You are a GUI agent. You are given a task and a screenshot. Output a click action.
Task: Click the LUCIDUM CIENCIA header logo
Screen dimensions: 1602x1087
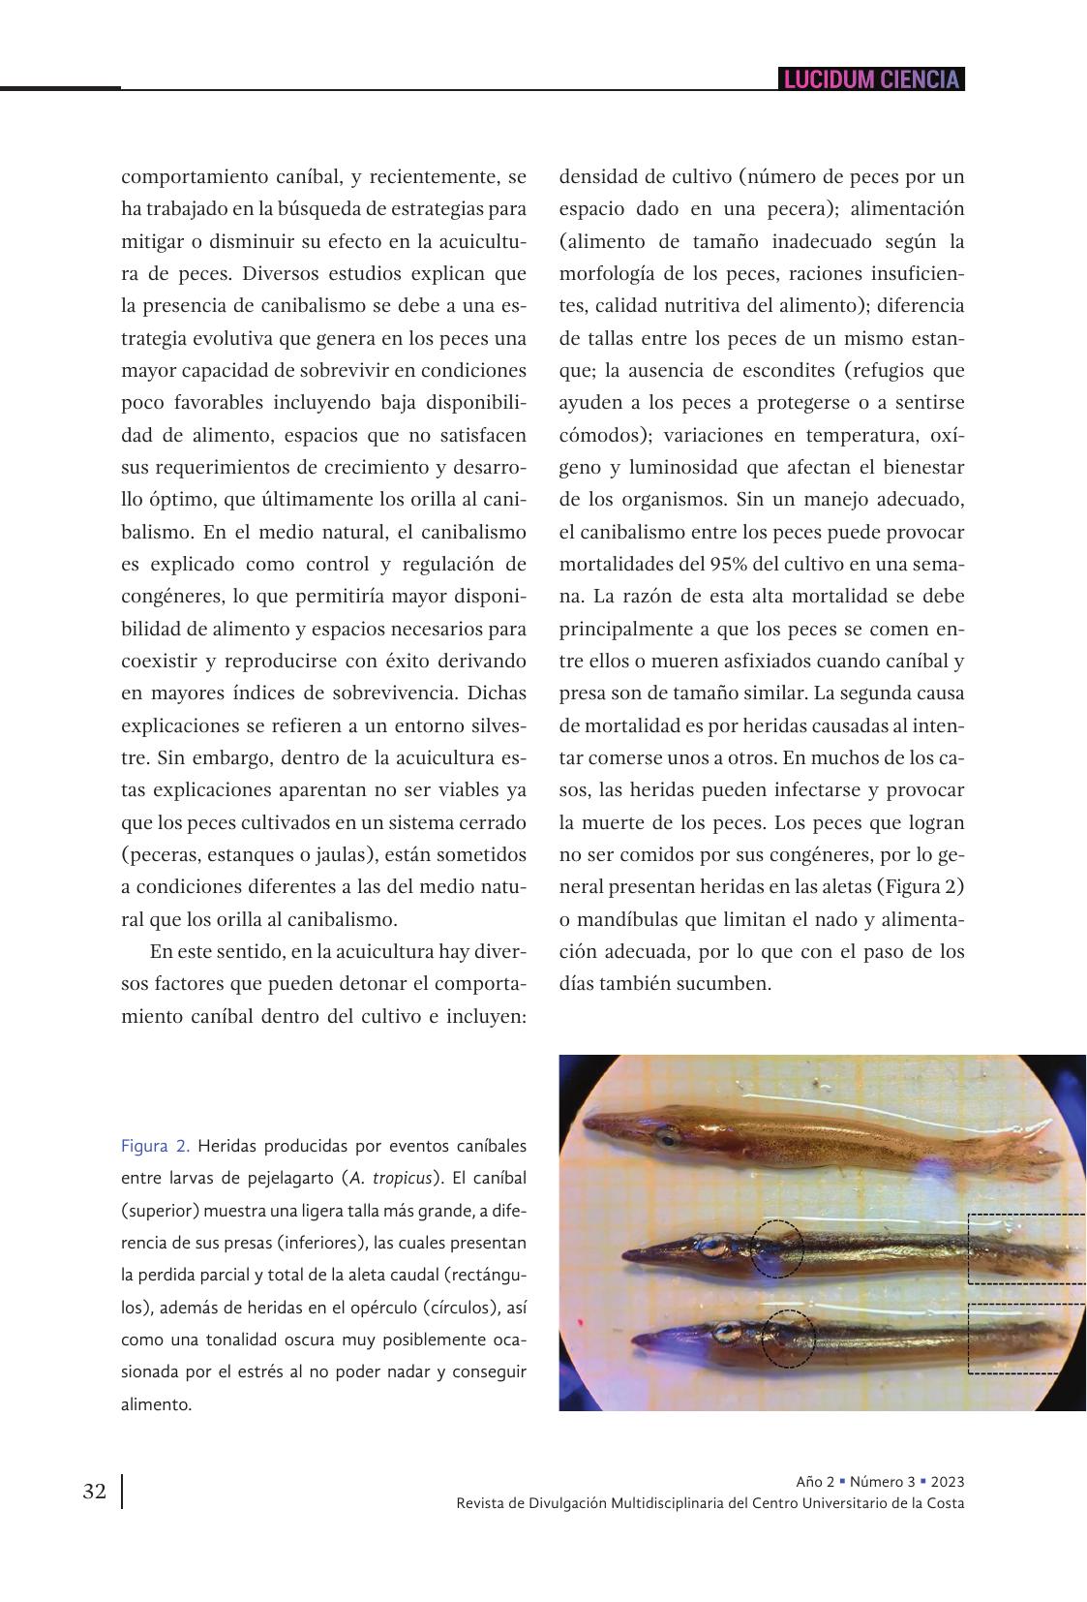click(871, 79)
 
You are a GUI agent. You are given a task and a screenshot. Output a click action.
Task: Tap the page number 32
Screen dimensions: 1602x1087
click(95, 1492)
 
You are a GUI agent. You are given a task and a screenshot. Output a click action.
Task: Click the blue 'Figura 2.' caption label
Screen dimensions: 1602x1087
click(155, 1147)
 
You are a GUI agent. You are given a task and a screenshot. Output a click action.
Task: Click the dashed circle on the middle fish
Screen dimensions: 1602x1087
click(776, 1248)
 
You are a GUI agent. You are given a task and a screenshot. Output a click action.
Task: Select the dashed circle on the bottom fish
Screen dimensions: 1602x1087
click(788, 1339)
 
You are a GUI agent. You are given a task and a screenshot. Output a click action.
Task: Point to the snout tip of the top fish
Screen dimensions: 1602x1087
click(589, 1124)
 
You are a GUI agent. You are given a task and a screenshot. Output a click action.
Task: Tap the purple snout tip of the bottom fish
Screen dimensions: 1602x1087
click(637, 1340)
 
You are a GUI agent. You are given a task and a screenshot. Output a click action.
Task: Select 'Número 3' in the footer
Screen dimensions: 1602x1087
click(883, 1482)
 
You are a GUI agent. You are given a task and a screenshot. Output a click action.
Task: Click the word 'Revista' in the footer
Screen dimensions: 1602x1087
click(480, 1503)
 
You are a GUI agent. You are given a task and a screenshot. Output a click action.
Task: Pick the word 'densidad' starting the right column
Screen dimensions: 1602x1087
click(597, 177)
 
